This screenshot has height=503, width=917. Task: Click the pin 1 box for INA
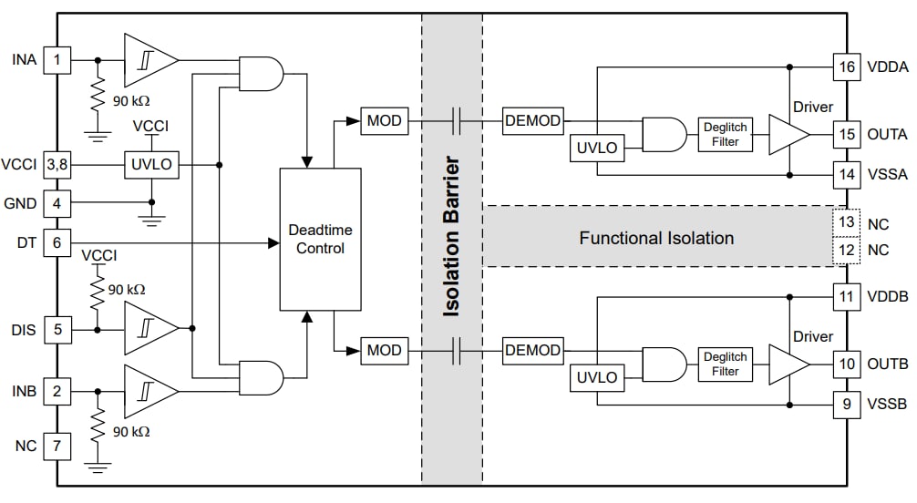point(57,60)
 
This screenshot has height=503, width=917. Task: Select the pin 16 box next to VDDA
point(847,67)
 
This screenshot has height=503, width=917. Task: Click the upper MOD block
point(384,120)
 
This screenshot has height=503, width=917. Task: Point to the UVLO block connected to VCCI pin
point(151,165)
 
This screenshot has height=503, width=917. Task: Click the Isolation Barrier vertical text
point(451,237)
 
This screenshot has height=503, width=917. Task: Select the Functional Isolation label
point(656,239)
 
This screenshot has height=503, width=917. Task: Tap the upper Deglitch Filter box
point(725,135)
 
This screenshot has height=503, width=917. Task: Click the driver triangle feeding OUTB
point(787,364)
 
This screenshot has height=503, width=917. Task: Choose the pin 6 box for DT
point(57,243)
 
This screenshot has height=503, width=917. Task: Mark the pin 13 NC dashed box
point(847,223)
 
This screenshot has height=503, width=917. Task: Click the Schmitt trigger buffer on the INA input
point(149,60)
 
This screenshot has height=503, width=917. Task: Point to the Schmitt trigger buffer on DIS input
point(149,329)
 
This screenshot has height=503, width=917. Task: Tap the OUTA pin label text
point(886,134)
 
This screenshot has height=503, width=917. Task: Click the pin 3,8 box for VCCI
point(57,165)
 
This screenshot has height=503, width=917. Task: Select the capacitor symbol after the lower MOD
point(458,349)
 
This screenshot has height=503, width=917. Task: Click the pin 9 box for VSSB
point(847,403)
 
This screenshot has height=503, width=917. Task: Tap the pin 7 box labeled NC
point(57,447)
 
